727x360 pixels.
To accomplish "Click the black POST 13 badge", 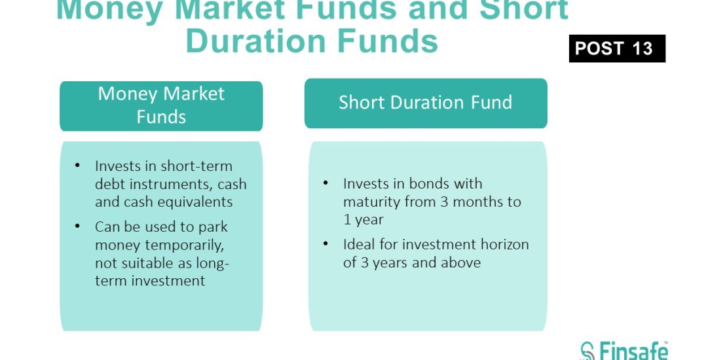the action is (617, 48).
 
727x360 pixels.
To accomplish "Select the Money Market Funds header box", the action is (161, 106).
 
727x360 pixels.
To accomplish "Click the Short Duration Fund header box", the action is (426, 103).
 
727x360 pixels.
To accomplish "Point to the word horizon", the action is (504, 244).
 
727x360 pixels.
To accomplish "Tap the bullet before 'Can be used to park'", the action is (77, 226).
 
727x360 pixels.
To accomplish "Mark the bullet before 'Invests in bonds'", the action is (326, 183).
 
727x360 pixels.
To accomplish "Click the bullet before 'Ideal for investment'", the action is (326, 244).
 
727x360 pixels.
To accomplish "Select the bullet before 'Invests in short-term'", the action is (77, 166).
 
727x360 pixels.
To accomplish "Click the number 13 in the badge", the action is (642, 48).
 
